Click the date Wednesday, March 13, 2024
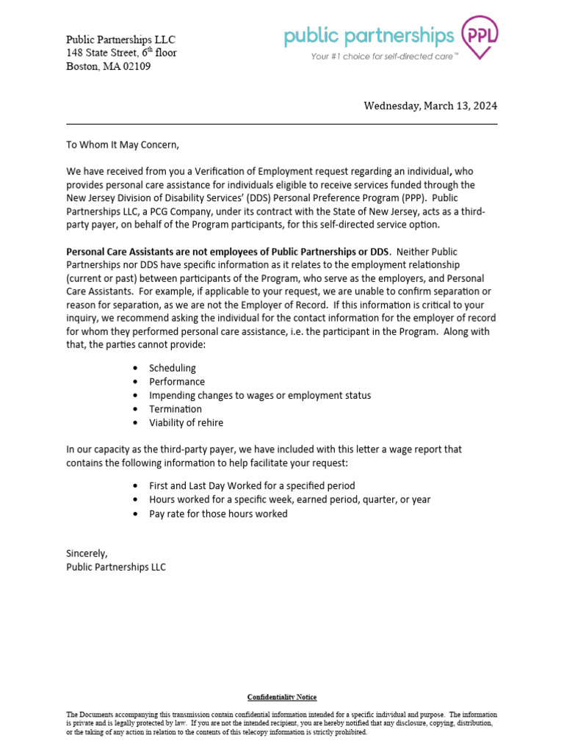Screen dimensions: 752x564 (x=430, y=106)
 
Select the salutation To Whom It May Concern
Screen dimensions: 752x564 (x=123, y=145)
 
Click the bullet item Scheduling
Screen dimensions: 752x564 (x=173, y=368)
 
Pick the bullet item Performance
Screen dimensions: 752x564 (x=177, y=382)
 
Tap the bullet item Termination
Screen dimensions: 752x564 (x=176, y=409)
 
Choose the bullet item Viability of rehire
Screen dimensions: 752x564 (x=186, y=423)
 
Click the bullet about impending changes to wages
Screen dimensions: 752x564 (x=259, y=395)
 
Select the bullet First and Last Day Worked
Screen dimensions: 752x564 (x=252, y=485)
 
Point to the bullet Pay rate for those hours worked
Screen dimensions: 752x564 (x=218, y=514)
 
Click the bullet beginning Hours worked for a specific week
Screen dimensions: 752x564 (x=289, y=499)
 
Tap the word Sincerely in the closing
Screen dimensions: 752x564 (x=87, y=553)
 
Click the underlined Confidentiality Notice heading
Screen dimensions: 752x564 (x=282, y=697)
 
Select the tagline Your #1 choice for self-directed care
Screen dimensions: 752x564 (x=384, y=56)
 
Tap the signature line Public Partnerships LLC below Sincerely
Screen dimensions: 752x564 (x=116, y=567)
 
